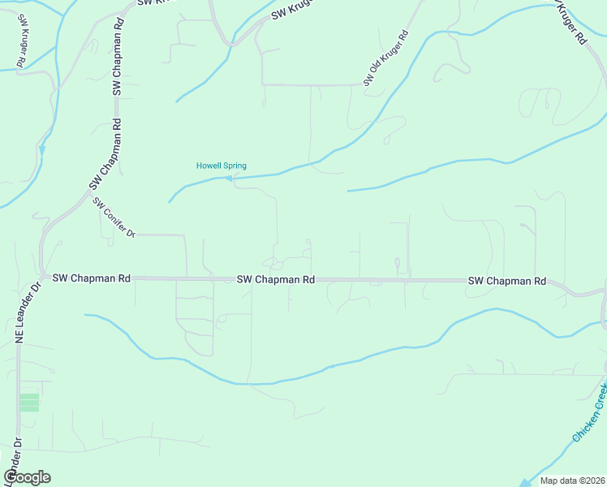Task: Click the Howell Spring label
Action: tap(221, 166)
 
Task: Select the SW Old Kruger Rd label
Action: tap(385, 59)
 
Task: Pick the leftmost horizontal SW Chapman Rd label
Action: tap(91, 278)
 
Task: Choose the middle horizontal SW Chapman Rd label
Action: tap(276, 279)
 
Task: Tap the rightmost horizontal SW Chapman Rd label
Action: tap(506, 281)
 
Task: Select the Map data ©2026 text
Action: tap(571, 481)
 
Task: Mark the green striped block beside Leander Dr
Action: tap(29, 402)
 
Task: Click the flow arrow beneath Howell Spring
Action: tap(229, 178)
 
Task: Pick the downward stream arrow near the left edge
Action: tap(41, 150)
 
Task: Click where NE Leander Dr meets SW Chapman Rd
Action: tap(41, 278)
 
